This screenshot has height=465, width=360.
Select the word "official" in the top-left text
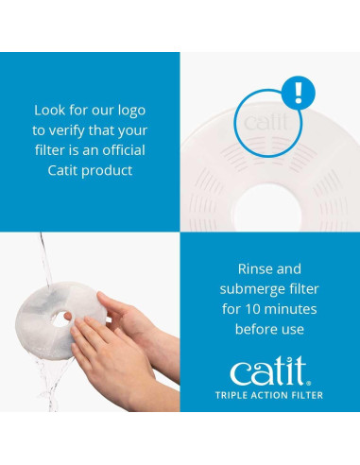point(120,150)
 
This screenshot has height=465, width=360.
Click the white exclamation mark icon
point(299,93)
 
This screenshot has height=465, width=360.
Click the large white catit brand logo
point(269,371)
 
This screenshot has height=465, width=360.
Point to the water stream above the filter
point(42,260)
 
